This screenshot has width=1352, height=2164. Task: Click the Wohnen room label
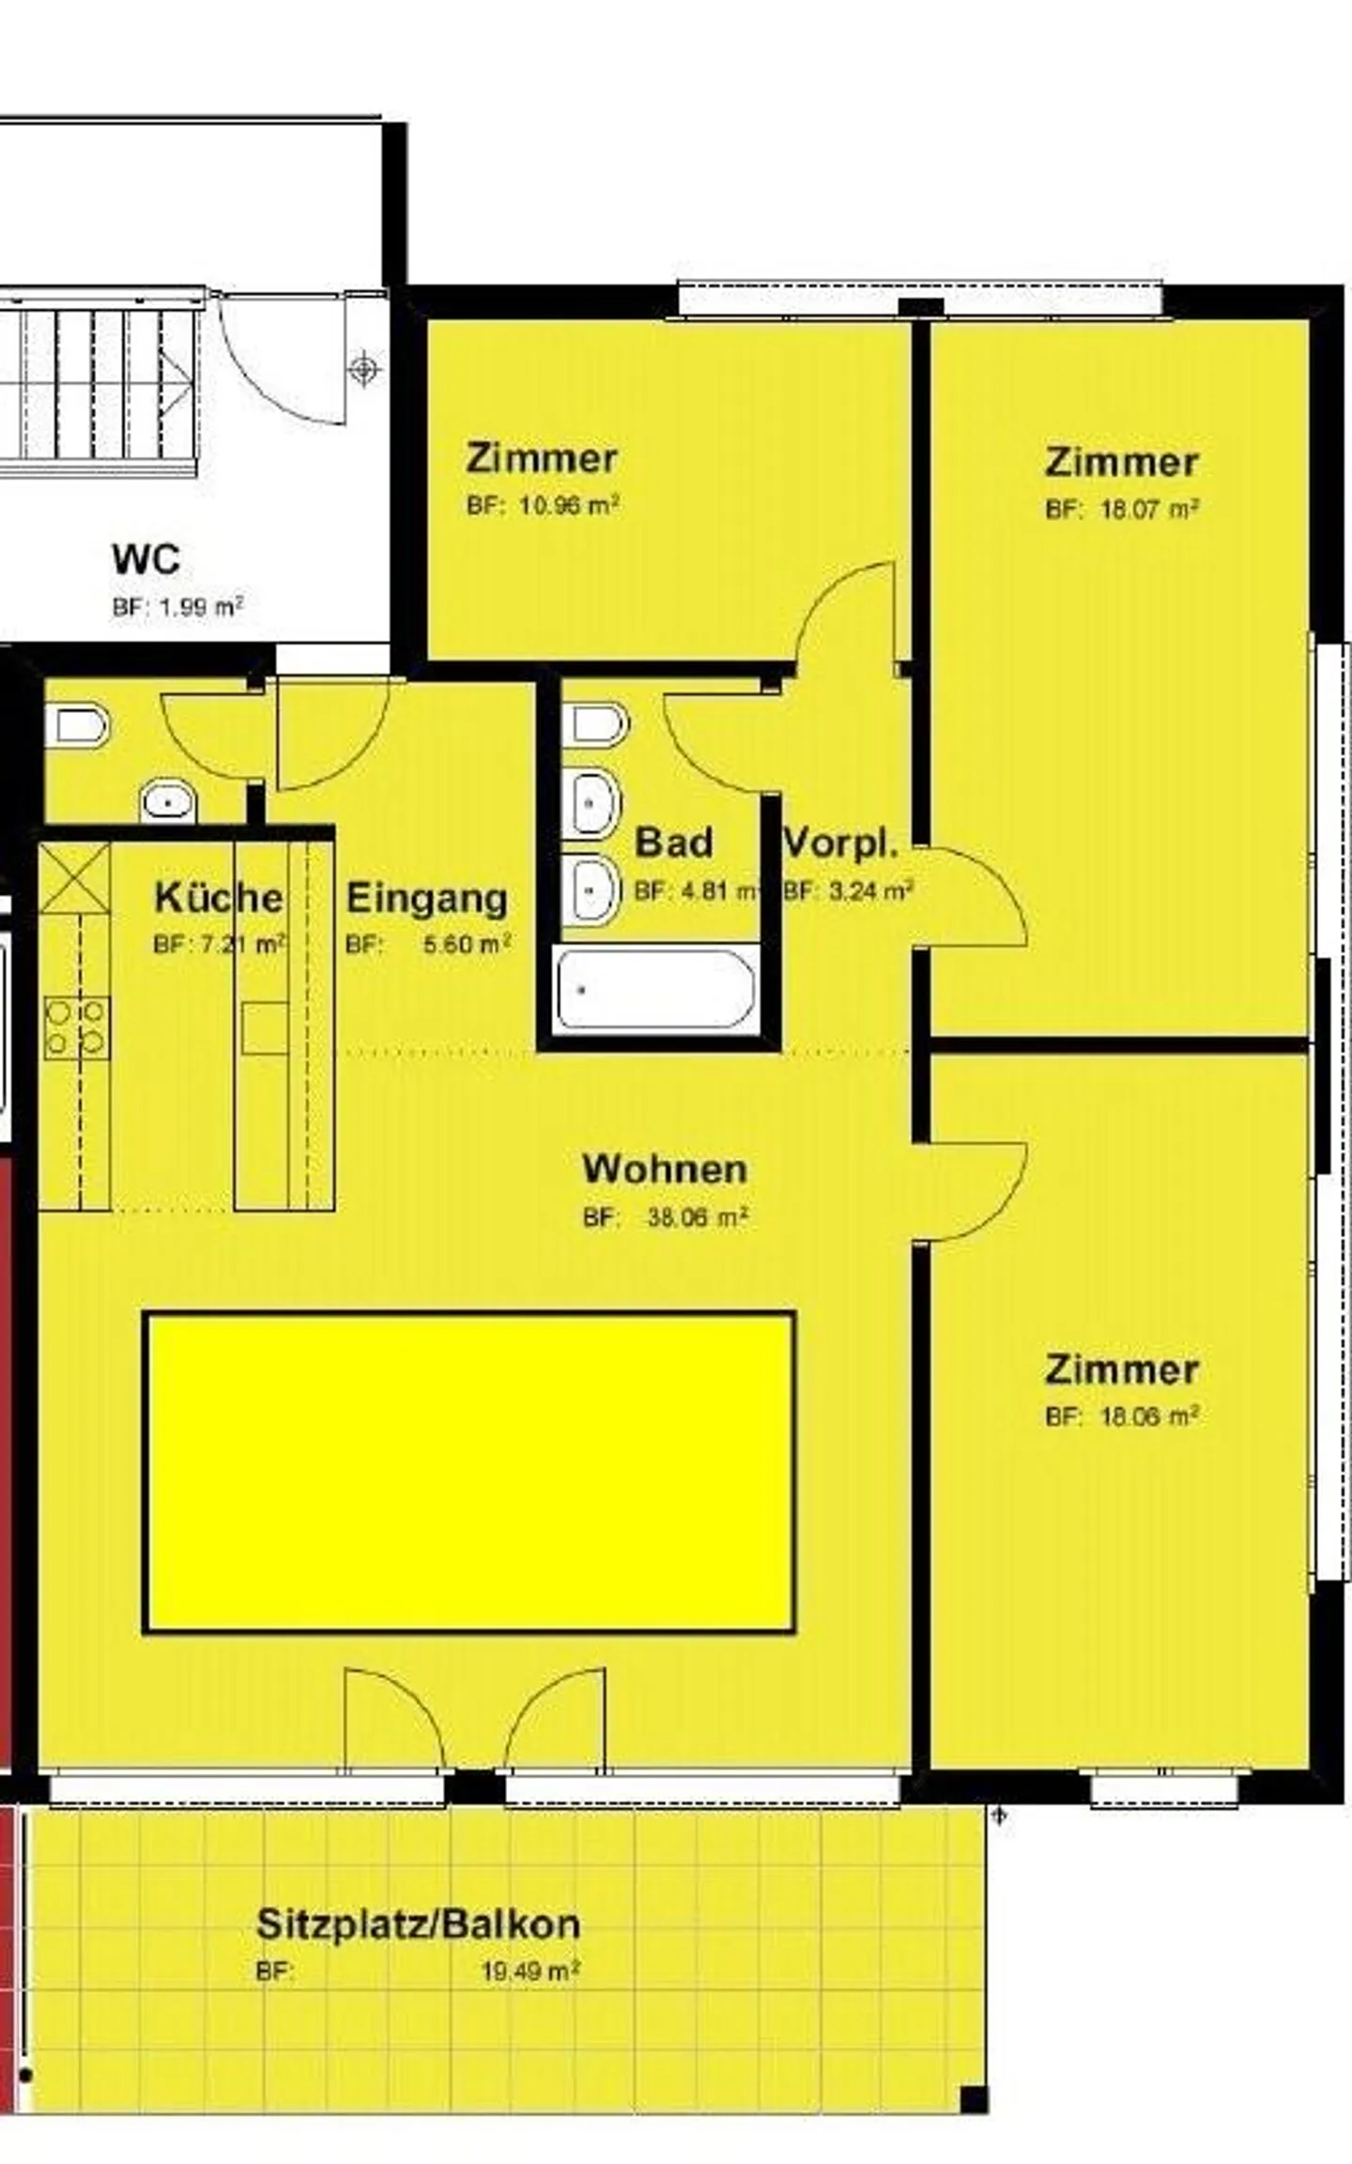(665, 1169)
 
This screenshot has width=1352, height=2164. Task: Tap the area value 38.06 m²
(697, 1217)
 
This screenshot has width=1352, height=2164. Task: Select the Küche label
(218, 897)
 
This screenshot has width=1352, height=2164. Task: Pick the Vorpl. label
(840, 843)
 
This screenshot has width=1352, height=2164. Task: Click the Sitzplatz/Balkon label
(419, 1924)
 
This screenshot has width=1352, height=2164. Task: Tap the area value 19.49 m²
(530, 1971)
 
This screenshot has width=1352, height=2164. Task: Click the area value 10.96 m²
(568, 506)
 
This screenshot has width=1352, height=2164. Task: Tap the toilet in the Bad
(595, 724)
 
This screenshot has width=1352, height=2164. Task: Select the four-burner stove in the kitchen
(76, 1027)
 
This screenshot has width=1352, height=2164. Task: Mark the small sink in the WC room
(168, 803)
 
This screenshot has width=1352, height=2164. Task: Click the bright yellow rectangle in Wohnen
(469, 1472)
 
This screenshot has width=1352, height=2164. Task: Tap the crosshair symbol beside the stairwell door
(364, 369)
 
